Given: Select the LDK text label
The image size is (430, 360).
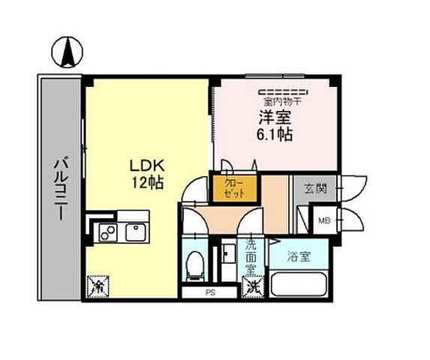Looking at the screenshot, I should click(x=145, y=166).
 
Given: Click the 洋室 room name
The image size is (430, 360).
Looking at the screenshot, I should click(x=276, y=118).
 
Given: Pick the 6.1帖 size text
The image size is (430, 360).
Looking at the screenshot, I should click(x=276, y=135).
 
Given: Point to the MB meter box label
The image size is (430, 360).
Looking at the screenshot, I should click(x=324, y=220).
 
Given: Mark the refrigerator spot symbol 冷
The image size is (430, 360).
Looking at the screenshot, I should click(x=96, y=286).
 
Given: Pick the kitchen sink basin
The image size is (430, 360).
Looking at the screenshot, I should click(x=137, y=232).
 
